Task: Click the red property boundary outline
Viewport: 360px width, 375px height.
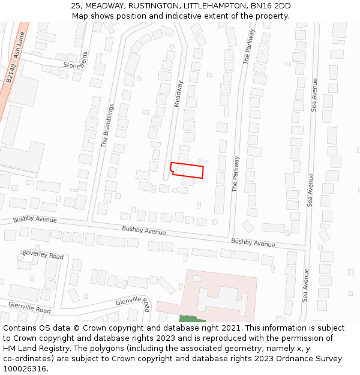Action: point(187,170)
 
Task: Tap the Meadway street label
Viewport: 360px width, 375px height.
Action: point(178,94)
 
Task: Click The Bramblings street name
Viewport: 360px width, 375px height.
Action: point(107,125)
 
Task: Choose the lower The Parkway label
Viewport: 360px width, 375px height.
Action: point(236,173)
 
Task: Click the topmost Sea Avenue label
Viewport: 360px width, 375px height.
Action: point(313,95)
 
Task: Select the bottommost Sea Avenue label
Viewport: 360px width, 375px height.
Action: point(305,286)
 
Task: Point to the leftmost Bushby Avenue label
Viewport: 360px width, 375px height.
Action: point(35,219)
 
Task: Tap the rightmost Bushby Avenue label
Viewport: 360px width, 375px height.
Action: point(253,243)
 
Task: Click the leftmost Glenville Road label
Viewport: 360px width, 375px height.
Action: point(29,308)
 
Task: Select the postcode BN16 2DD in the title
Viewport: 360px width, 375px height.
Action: point(271,6)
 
